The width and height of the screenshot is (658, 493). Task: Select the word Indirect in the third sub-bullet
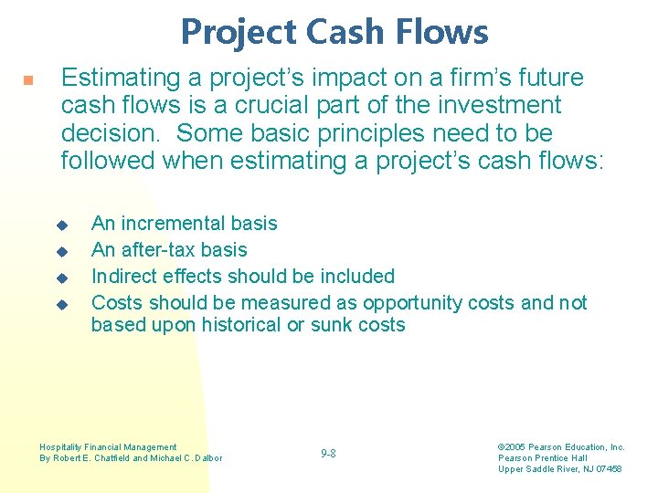tap(124, 277)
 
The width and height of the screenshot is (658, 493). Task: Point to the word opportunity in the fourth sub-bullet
tap(415, 303)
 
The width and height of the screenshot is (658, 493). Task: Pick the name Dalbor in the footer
tap(207, 458)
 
